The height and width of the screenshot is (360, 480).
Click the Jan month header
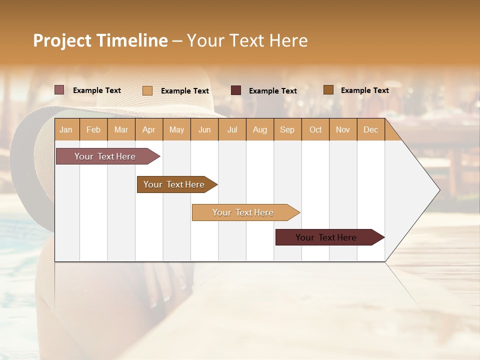point(66,129)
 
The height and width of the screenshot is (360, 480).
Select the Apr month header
point(148,129)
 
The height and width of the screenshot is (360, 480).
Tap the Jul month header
point(232,129)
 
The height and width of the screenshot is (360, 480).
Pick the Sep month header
point(287,129)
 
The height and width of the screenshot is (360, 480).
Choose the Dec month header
point(370,129)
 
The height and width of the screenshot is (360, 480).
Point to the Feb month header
point(93,129)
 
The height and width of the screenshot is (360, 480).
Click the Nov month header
point(342,129)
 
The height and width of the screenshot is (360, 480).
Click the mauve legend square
point(59,90)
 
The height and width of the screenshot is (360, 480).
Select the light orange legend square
point(147,90)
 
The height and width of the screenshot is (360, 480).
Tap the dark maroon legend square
point(236,90)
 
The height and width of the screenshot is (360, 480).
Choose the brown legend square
point(328,90)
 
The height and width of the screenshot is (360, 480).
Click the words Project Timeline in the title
point(100,40)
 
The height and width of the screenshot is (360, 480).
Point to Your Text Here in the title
point(247,40)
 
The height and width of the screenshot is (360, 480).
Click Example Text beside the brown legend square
point(364,90)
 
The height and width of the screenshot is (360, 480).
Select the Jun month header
point(204,129)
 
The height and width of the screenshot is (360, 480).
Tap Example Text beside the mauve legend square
point(96,90)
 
